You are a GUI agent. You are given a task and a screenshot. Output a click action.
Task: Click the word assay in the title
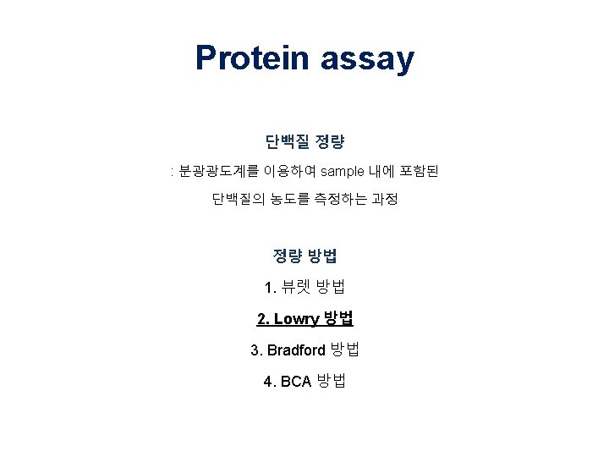tap(368, 58)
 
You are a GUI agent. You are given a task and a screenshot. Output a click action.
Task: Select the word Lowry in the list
tap(296, 319)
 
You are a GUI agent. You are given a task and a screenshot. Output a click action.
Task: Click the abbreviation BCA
tap(296, 381)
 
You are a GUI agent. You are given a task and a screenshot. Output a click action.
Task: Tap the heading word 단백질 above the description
tap(285, 140)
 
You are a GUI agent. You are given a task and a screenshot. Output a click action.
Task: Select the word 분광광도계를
tap(208, 172)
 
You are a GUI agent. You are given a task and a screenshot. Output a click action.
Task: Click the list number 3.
tap(255, 350)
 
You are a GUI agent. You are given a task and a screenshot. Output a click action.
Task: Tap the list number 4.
tap(268, 381)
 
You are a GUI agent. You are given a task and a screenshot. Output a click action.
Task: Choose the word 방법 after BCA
tap(332, 381)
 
